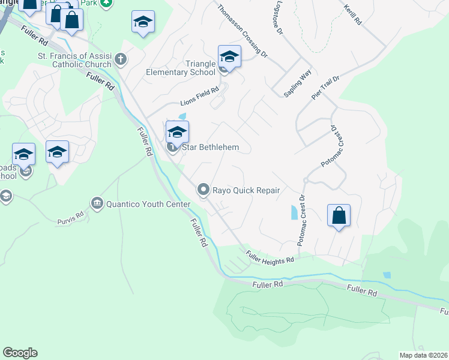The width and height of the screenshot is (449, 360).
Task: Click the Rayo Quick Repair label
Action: [x=247, y=191]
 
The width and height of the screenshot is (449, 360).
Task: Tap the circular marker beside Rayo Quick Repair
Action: [x=203, y=190]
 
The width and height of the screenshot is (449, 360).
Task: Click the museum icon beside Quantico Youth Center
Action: [x=97, y=204]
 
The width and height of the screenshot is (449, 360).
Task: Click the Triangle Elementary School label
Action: [x=180, y=68]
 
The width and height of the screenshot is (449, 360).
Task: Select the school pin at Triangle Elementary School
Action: [x=229, y=58]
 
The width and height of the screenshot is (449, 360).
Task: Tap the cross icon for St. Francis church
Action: [x=121, y=59]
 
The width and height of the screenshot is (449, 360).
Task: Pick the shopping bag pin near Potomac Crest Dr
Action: [x=339, y=215]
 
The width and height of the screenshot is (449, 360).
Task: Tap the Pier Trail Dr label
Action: [x=325, y=87]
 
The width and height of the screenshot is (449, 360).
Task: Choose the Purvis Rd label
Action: [x=71, y=217]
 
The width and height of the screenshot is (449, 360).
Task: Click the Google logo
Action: [x=20, y=353]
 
